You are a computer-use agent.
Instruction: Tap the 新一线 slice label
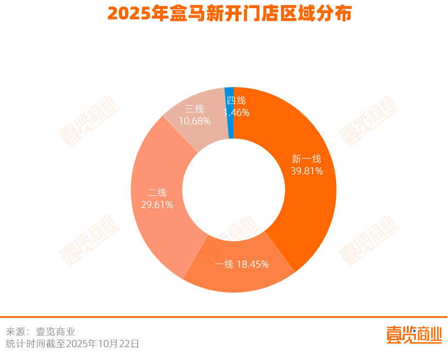point(306,159)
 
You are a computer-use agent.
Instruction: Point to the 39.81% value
point(307,171)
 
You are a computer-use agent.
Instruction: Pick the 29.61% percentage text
point(157,205)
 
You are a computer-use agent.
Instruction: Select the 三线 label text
point(194,108)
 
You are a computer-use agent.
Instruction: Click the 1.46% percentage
point(236,112)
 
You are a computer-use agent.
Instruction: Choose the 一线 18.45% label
point(241,265)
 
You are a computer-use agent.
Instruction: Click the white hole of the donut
point(234,190)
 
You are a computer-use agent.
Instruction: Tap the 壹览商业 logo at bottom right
point(413,335)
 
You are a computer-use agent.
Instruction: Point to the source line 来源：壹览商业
point(41,332)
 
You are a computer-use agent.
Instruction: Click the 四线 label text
point(236,100)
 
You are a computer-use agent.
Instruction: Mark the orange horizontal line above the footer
point(224,317)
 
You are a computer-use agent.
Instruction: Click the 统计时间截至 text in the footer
point(35,344)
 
